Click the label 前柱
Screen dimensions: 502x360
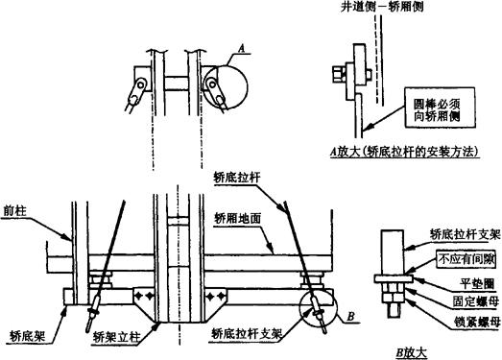(14, 211)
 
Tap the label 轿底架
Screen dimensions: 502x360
(28, 337)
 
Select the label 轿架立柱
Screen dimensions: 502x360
(117, 337)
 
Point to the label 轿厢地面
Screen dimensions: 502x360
(238, 219)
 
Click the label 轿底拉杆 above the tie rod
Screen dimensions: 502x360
(237, 178)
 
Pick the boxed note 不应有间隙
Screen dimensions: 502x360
(466, 259)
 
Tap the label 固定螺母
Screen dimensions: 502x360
(476, 301)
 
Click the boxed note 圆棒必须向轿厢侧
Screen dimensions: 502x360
(440, 108)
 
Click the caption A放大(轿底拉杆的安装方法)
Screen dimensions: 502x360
(405, 151)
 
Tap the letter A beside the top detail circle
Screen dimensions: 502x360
(242, 49)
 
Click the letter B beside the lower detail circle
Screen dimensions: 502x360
(351, 317)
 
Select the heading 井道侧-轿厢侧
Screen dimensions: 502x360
(382, 7)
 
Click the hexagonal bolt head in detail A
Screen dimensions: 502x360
(338, 75)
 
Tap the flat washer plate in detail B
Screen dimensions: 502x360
(394, 279)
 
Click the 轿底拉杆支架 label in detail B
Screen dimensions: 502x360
(465, 235)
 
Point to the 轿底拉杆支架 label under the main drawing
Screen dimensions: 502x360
(247, 334)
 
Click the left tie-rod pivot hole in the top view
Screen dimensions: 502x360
(140, 84)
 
